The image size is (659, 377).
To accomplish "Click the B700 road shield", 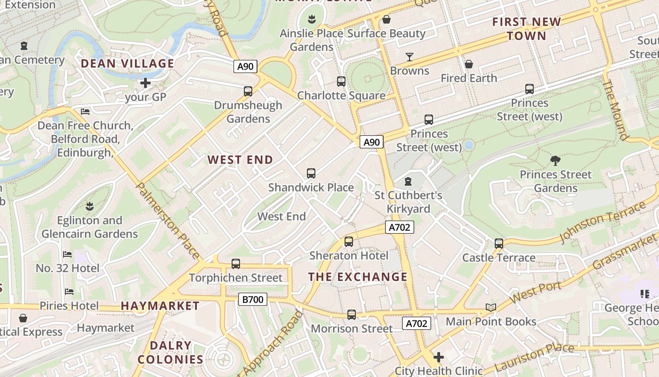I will coord(253,299).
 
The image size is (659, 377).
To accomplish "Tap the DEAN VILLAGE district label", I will coord(128,64).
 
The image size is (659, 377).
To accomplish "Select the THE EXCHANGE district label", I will coord(358,277).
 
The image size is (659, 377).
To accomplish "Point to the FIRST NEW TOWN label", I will coord(526,29).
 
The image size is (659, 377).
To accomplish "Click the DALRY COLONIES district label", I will coord(170,352).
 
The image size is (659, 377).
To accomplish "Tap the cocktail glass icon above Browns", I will coord(410,57).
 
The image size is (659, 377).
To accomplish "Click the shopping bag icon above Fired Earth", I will coord(469,64).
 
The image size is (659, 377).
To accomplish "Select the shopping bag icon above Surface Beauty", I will coord(386,19).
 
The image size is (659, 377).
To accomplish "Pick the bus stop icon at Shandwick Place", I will coord(311,173).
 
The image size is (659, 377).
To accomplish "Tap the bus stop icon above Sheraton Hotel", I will coord(349,242).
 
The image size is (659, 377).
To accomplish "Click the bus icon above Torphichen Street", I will coord(236,264).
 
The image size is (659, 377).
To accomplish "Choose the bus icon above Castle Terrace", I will coord(499,244).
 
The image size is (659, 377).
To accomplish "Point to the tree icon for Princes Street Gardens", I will coord(555,161).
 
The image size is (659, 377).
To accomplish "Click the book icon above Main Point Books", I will coord(491,308).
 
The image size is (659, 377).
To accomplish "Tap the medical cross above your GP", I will coord(145,83).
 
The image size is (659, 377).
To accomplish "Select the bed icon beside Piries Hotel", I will coord(70,292).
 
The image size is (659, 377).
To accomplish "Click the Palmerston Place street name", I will coord(168,221).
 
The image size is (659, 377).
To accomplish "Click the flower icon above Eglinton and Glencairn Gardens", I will coord(89,206).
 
